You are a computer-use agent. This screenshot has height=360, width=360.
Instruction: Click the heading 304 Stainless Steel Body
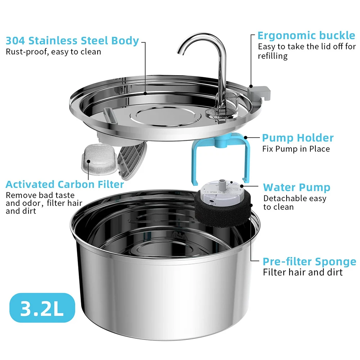[x=72, y=41]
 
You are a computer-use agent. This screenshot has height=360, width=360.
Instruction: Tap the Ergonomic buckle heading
[x=306, y=36]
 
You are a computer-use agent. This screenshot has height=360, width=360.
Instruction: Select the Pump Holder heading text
[x=298, y=138]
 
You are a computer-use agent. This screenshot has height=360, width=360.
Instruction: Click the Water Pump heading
[x=296, y=188]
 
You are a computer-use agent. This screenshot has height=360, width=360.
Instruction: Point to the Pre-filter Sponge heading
[x=309, y=262]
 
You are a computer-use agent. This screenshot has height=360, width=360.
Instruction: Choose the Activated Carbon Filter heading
[x=65, y=185]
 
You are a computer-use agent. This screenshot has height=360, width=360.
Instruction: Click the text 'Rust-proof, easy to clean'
[x=53, y=52]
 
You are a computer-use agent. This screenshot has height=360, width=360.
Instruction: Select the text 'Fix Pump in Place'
[x=296, y=149]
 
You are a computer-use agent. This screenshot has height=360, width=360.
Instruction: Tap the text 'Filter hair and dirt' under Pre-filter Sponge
[x=303, y=272]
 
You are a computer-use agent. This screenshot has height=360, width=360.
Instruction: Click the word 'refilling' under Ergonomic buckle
[x=273, y=56]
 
